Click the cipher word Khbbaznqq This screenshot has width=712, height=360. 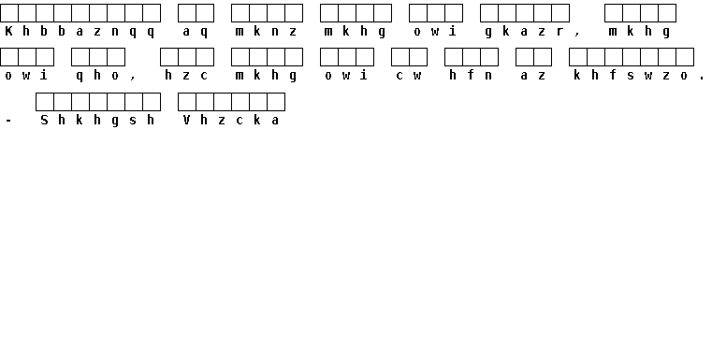pos(80,31)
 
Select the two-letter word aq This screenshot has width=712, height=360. pos(196,32)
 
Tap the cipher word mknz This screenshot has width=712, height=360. pos(266,31)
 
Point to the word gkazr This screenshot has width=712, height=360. pos(524,32)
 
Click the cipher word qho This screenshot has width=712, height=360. pos(97,76)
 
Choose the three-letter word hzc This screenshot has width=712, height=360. pos(186,76)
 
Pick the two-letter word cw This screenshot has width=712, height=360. pos(409,76)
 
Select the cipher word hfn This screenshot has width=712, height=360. pos(471,76)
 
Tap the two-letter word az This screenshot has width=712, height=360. pos(533,76)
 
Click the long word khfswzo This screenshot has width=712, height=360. pos(631,76)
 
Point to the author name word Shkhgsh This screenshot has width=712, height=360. pos(97,121)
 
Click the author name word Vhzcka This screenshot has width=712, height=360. pos(231,121)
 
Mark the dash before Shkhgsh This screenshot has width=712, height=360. pos(8,121)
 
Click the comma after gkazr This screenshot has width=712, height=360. pos(577,34)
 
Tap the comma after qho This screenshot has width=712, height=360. pos(132,79)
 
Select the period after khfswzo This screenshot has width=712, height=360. pos(702,79)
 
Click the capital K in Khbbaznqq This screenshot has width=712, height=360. pos(8,31)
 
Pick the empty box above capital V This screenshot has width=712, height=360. pos(186,102)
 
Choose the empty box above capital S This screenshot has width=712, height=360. pos(45,102)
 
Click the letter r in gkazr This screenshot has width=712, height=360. pos(559,32)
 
